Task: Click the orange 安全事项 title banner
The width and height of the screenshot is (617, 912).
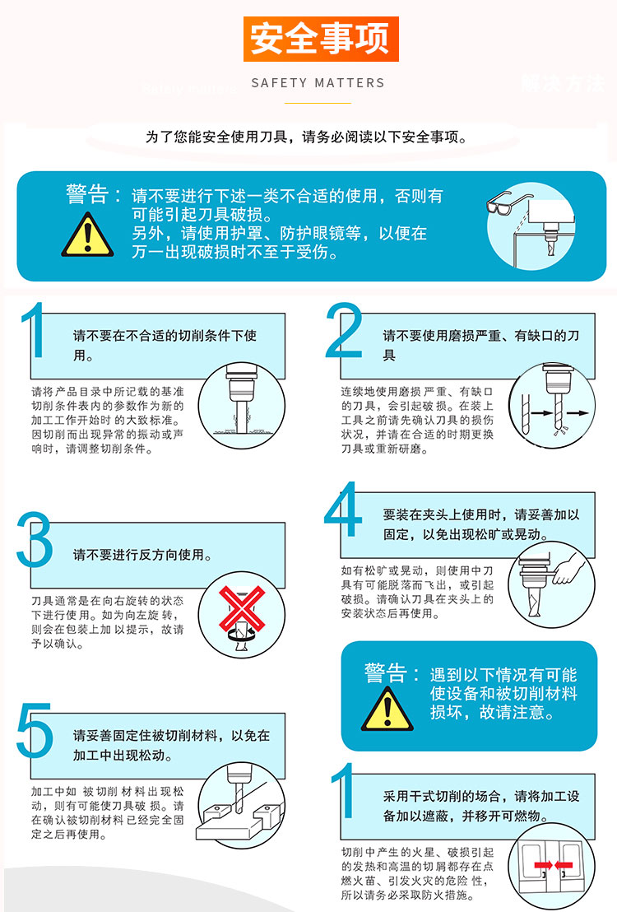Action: coord(320,39)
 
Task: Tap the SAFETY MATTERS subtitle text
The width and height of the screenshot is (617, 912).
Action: coord(318,83)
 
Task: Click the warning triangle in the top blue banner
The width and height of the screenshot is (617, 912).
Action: coord(88,235)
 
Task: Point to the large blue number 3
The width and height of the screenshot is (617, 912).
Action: coord(35,540)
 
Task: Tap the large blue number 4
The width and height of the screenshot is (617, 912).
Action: coord(342,510)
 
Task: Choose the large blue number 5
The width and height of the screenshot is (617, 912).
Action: coord(35,731)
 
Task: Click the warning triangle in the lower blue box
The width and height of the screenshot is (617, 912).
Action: coord(387,709)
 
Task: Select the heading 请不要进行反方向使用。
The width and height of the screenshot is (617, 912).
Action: coord(142,555)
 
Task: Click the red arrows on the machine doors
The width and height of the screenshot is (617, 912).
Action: coord(553,865)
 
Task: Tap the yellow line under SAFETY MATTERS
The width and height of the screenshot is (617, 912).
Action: coord(318,103)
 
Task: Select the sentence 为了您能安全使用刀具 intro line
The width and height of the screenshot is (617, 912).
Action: coord(307,137)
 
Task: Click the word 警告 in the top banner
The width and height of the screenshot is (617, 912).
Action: coord(87,193)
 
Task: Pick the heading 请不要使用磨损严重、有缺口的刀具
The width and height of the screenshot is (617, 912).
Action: coord(481,345)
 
